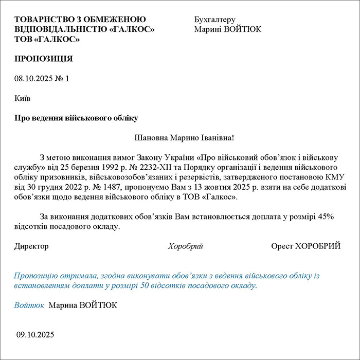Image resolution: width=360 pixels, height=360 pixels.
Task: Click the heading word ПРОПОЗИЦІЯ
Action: (x=44, y=59)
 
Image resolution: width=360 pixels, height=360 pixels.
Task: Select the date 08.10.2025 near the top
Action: (x=31, y=79)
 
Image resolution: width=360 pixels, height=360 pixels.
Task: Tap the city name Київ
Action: (x=23, y=98)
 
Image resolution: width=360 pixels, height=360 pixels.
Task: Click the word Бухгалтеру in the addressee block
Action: (x=215, y=20)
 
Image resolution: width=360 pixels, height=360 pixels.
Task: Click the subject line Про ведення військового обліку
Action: (x=76, y=118)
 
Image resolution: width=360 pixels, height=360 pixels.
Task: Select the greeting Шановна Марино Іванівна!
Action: (x=184, y=138)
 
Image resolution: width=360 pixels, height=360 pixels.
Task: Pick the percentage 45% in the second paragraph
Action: (x=326, y=217)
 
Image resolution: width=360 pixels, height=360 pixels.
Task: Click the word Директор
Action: (x=31, y=246)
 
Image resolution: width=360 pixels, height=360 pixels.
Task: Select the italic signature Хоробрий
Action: (x=186, y=246)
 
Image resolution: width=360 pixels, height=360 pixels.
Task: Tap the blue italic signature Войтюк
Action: (x=29, y=305)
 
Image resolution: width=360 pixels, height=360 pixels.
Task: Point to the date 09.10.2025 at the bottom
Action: (x=35, y=335)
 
